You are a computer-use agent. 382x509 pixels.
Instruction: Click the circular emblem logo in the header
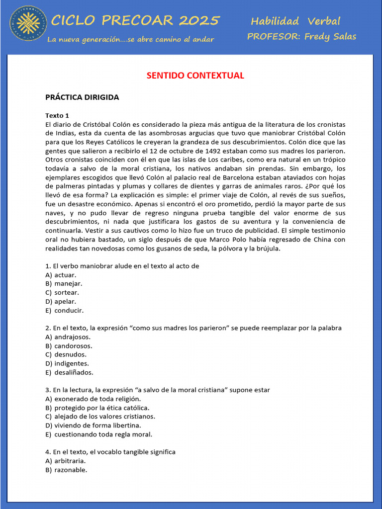tap(28, 23)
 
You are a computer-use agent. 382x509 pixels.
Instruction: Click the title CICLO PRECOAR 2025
tap(135, 20)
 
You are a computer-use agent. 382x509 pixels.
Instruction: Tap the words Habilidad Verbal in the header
tap(295, 21)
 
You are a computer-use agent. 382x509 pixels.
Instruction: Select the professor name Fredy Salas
tap(330, 36)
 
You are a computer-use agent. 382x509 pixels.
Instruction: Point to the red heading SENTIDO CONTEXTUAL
tap(195, 76)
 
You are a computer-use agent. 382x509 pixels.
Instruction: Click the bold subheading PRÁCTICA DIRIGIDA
tap(82, 97)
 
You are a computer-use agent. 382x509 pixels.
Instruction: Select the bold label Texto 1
tap(57, 115)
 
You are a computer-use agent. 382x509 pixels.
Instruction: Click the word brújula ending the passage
tap(267, 249)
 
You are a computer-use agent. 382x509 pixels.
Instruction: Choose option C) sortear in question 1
tap(62, 292)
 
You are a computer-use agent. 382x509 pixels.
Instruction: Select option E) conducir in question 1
tap(65, 310)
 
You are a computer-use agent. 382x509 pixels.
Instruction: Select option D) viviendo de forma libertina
tap(93, 425)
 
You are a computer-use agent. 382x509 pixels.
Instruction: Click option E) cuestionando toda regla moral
tap(98, 434)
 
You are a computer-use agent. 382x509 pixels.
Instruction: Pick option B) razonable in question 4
tap(66, 470)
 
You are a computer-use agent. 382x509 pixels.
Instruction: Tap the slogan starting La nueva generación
tap(130, 39)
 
